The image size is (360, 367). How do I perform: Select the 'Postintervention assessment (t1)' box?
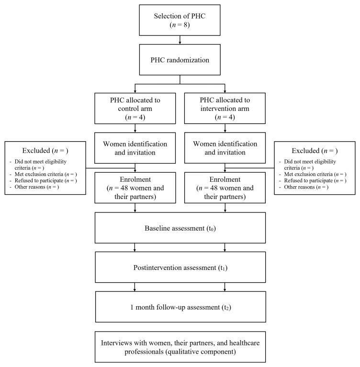coord(180,267)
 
